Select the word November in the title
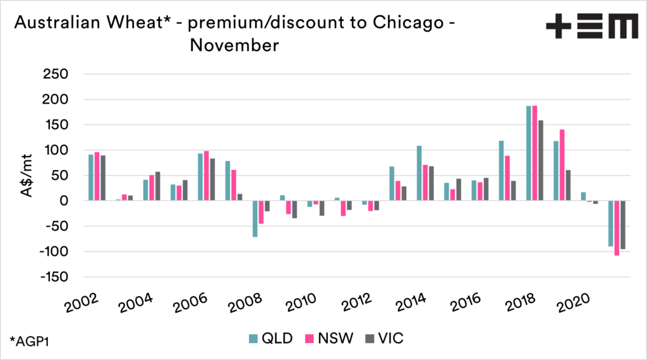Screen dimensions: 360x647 pos(234,45)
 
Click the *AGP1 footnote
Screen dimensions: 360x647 pos(30,341)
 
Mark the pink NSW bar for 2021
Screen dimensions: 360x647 pos(617,228)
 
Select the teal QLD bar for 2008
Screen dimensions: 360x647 pos(255,219)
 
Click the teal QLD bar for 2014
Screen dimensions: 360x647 pos(419,173)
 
